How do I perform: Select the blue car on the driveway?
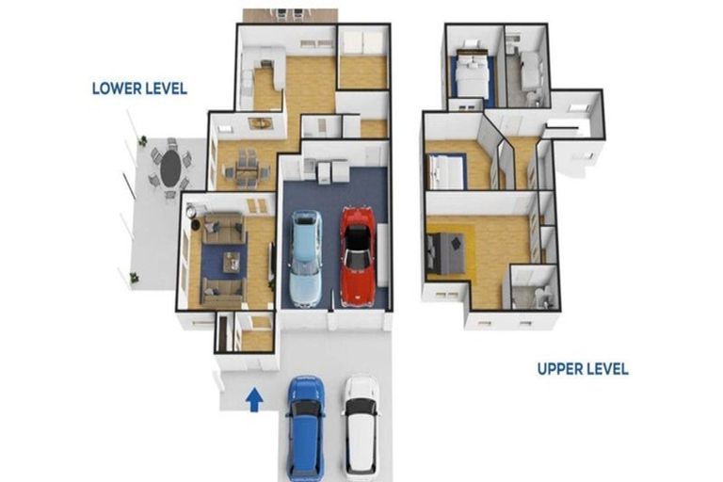point(305,425)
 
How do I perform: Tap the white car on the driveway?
point(360,425)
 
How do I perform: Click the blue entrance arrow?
point(254,400)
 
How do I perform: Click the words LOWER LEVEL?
point(139,88)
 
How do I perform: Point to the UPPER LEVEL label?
point(583,369)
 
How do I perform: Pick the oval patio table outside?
point(170,169)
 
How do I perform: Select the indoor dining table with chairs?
point(247,167)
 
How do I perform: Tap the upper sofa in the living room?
point(223,227)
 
